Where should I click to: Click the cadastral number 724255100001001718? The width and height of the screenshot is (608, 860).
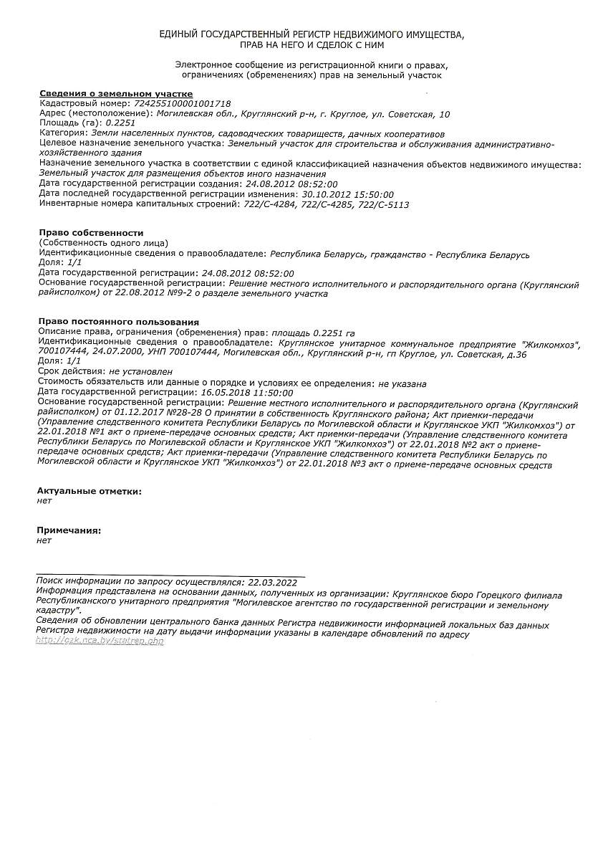pyautogui.click(x=183, y=104)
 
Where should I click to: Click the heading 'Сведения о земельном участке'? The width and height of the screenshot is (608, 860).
pyautogui.click(x=115, y=94)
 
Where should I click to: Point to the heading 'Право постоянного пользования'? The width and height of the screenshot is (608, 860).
pyautogui.click(x=118, y=322)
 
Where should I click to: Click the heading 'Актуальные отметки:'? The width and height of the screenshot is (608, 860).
pyautogui.click(x=89, y=491)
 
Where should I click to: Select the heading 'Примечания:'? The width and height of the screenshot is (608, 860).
pyautogui.click(x=69, y=530)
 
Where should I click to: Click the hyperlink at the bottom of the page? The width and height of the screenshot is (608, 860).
pyautogui.click(x=100, y=641)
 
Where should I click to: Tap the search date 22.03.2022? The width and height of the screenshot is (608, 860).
pyautogui.click(x=271, y=583)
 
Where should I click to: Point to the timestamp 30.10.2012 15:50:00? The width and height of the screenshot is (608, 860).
pyautogui.click(x=348, y=194)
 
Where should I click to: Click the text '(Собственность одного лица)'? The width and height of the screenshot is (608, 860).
pyautogui.click(x=103, y=243)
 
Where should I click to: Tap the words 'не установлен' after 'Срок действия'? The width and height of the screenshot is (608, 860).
pyautogui.click(x=140, y=372)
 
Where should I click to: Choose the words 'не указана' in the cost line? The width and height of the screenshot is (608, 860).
pyautogui.click(x=402, y=383)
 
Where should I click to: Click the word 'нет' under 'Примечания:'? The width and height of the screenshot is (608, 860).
pyautogui.click(x=44, y=540)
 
